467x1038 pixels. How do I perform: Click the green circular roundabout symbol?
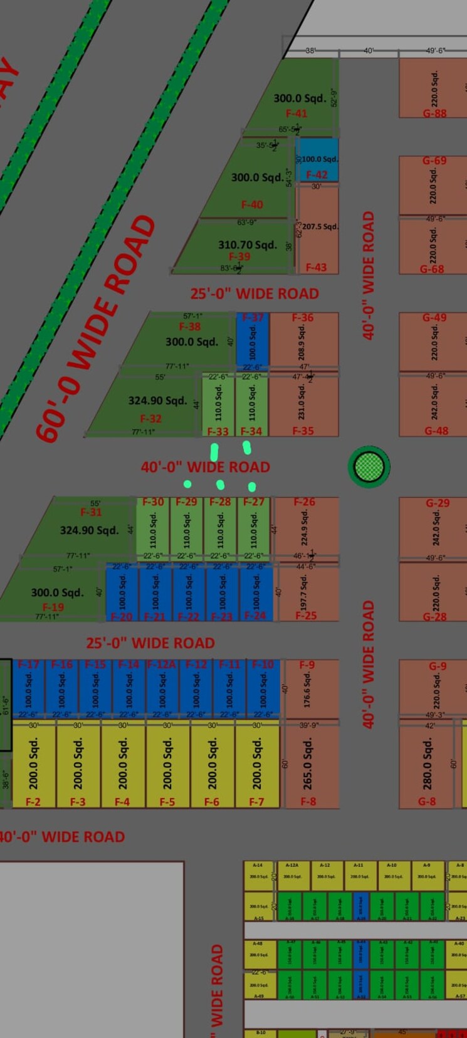pos(369,466)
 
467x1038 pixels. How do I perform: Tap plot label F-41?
pos(296,113)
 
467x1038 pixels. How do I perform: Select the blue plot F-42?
pos(317,160)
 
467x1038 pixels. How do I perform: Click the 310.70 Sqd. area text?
pos(248,244)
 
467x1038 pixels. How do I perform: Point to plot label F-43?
pos(316,268)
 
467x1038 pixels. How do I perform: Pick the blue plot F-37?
pos(253,339)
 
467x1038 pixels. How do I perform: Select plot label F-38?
pos(190,327)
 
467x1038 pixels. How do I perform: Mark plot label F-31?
pos(91,512)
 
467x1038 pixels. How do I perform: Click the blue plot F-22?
pos(189,592)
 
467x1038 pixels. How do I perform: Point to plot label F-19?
pos(53,607)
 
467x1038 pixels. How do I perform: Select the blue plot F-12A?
pos(162,686)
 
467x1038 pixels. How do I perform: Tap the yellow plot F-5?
pos(167,763)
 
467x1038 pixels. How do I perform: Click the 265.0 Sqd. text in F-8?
pos(307,764)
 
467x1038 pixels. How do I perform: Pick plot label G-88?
pos(434,113)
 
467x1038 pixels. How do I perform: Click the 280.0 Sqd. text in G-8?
pos(428,763)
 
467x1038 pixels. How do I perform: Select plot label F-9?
pos(307,664)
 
